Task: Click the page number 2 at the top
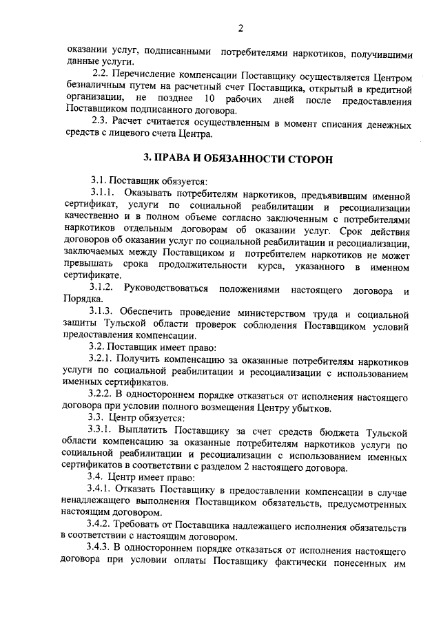[240, 28]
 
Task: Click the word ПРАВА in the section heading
[176, 159]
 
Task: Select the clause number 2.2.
[101, 74]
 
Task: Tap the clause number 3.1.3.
[105, 310]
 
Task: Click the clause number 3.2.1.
[104, 360]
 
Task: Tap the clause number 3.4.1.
[104, 489]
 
